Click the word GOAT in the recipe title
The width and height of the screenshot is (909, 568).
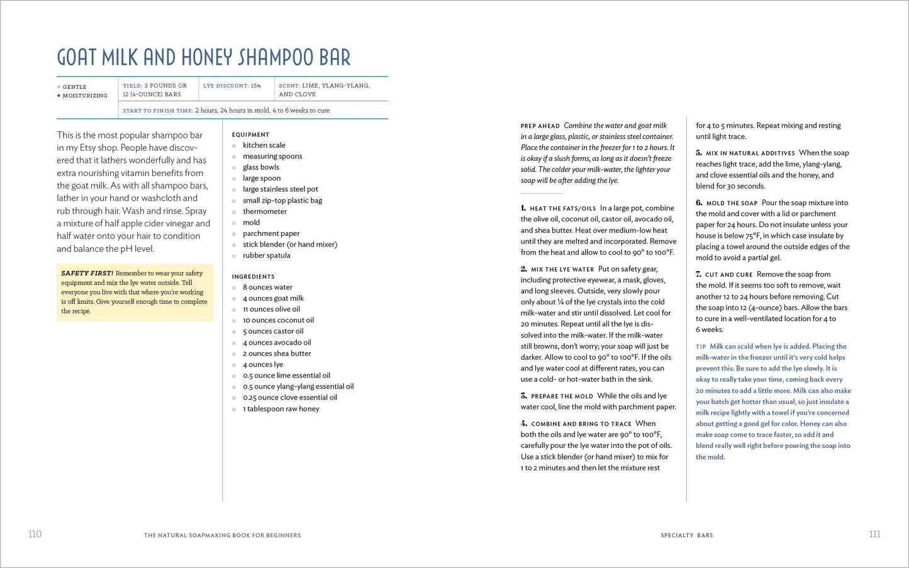pos(77,58)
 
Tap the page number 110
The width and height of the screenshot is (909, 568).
pos(35,534)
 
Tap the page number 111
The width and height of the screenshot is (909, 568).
pos(874,534)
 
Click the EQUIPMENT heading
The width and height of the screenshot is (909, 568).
pos(250,135)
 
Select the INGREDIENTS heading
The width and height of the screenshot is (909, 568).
pos(253,277)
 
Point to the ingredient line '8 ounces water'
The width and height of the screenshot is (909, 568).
pos(267,287)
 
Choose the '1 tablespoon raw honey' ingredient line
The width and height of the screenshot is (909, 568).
pos(281,409)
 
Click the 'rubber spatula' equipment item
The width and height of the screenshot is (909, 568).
pos(266,255)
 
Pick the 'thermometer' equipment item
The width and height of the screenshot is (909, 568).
pos(264,211)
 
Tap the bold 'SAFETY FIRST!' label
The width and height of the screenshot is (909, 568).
pos(87,274)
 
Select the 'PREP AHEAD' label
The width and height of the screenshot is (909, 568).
pos(540,126)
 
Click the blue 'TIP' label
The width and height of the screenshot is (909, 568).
pos(701,347)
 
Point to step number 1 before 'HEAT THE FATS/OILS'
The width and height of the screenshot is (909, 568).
pos(523,208)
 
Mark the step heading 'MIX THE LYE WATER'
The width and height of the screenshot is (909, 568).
pos(562,270)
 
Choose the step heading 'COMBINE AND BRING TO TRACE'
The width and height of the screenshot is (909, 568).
pos(581,425)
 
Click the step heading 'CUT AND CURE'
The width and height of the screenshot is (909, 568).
pos(728,275)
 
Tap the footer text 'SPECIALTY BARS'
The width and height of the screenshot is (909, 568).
pos(686,535)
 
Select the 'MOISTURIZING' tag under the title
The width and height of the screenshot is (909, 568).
pos(85,96)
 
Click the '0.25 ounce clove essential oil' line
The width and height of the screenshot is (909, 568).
pos(289,398)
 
